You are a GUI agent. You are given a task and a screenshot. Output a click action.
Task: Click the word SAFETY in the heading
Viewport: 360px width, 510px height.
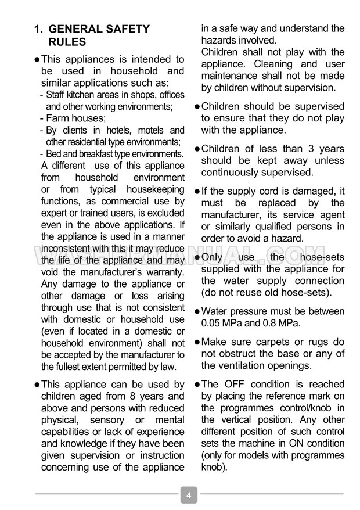pos(127,29)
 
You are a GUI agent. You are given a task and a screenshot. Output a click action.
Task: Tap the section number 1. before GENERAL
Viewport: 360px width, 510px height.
pos(39,29)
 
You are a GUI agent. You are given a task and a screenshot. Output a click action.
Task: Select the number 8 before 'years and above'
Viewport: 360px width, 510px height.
pos(137,396)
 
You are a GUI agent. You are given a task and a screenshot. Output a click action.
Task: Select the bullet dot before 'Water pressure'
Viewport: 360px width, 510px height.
pos(197,311)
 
